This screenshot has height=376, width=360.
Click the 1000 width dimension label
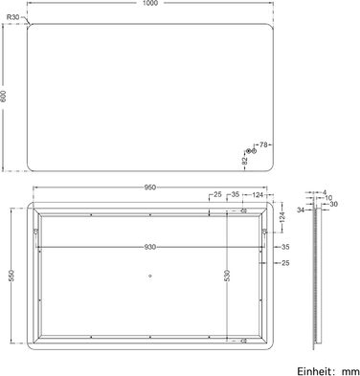[x=151, y=3]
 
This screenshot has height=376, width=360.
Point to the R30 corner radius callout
[x=12, y=17]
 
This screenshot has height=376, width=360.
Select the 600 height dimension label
[x=4, y=96]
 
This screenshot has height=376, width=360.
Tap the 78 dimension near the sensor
[x=263, y=144]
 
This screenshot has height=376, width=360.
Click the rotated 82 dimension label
[x=245, y=161]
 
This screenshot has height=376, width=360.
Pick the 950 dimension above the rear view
[x=150, y=188]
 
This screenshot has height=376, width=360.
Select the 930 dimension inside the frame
[x=150, y=247]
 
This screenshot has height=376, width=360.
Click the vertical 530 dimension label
[x=227, y=276]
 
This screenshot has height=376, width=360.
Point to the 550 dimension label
[x=11, y=276]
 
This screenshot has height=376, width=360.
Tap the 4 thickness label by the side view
[x=325, y=192]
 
